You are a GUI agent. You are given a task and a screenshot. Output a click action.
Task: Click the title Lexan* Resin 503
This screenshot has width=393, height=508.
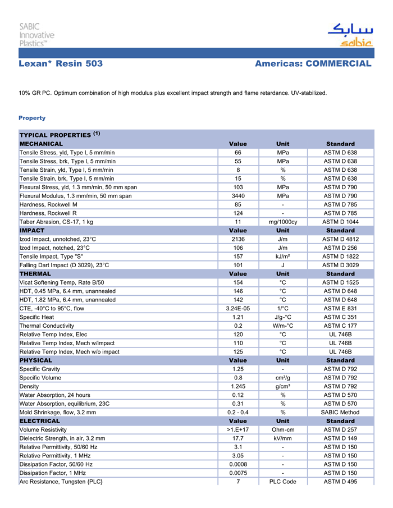tap(61, 64)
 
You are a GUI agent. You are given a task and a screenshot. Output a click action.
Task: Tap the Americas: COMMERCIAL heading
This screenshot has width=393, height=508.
tap(313, 64)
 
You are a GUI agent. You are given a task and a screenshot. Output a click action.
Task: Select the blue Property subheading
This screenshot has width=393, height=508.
tap(32, 118)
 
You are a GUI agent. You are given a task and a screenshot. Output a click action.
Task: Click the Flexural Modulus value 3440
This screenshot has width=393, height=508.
tap(237, 196)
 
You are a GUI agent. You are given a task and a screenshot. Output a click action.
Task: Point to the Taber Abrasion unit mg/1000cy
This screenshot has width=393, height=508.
tap(283, 222)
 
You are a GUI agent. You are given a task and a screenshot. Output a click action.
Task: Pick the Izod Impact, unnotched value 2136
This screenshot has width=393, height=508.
tap(237, 239)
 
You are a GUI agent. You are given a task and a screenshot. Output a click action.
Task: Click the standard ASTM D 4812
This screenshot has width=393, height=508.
tap(340, 239)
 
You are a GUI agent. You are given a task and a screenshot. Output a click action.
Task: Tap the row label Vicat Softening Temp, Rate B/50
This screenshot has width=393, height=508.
tap(62, 282)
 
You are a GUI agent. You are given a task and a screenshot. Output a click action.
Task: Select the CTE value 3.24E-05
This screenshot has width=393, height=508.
tap(237, 308)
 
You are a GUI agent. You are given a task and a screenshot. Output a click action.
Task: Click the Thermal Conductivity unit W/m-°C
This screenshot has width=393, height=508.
tap(283, 326)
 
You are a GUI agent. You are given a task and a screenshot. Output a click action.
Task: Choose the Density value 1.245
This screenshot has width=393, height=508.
tap(237, 386)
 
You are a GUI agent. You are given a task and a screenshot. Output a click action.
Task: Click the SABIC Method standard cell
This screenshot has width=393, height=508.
tap(340, 412)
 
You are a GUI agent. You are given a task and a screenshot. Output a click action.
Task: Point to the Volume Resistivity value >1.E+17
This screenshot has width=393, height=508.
tap(237, 429)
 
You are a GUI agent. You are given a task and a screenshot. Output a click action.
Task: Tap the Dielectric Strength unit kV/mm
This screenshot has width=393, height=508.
tap(283, 438)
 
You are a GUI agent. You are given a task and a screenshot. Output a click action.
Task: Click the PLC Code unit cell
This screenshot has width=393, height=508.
tap(283, 482)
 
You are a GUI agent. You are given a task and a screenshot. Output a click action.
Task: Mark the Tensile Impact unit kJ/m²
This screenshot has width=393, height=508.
tap(283, 257)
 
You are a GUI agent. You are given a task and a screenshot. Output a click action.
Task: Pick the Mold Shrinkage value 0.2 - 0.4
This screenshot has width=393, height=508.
tap(237, 412)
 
